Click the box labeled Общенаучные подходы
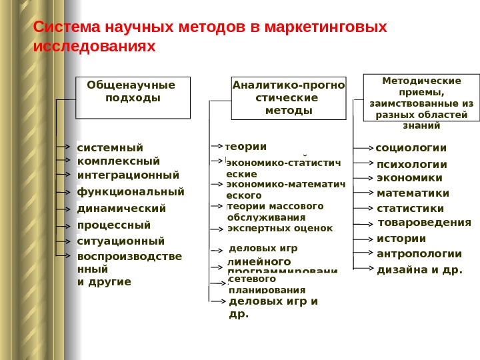pos(133,97)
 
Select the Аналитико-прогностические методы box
pos(289,97)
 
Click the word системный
pos(110,147)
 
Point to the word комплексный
pos(119,161)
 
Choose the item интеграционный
pos(129,175)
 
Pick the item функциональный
pos(131,192)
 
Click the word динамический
pos(121,209)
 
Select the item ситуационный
pos(121,241)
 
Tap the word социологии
pos(411,147)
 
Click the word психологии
pos(412,165)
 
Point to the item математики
pos(413,193)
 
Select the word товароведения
pos(425,222)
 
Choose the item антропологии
pos(419,253)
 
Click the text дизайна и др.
pos(419,270)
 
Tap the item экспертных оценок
pos(280,228)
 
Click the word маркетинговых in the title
pos(326,28)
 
